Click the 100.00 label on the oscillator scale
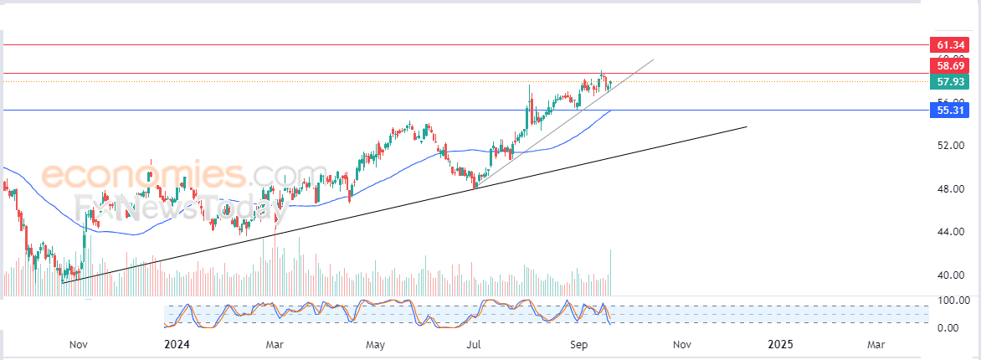[951, 300]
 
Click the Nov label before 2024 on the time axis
[78, 344]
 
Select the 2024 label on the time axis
[177, 344]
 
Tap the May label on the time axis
[375, 344]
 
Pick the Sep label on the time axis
[578, 344]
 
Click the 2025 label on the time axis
[780, 344]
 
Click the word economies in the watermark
[143, 176]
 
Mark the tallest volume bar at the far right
[612, 272]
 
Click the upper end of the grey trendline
[652, 59]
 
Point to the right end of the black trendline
[746, 126]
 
